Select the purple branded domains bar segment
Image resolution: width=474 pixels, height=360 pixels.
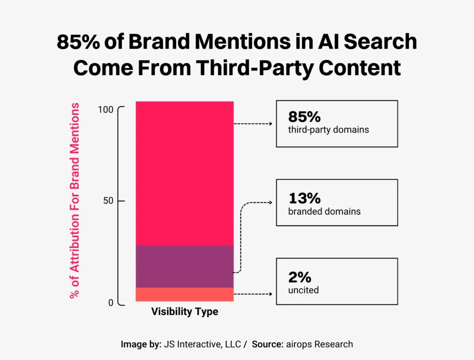coord(184,266)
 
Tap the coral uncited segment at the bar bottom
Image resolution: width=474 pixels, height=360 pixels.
coord(184,294)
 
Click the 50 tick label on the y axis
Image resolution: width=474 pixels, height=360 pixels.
coord(108,201)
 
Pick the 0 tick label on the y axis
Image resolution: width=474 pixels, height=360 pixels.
coord(111,303)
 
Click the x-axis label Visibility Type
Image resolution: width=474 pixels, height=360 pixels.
coord(184,312)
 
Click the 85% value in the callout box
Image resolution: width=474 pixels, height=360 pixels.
coord(304,117)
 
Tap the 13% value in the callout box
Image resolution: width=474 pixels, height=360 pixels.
coord(304,198)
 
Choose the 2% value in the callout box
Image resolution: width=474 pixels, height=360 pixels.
coord(299,278)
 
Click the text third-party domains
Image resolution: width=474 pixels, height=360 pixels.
coord(328,130)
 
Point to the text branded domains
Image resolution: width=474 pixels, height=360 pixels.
coord(324,212)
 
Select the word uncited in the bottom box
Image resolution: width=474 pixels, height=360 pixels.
coord(303,291)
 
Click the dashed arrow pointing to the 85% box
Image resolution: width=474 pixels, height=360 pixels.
coord(253,124)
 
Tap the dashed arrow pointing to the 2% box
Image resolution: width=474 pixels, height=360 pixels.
coord(253,294)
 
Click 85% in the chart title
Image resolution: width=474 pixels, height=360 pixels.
coord(77,42)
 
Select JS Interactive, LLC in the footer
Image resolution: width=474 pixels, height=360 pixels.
coord(202,344)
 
